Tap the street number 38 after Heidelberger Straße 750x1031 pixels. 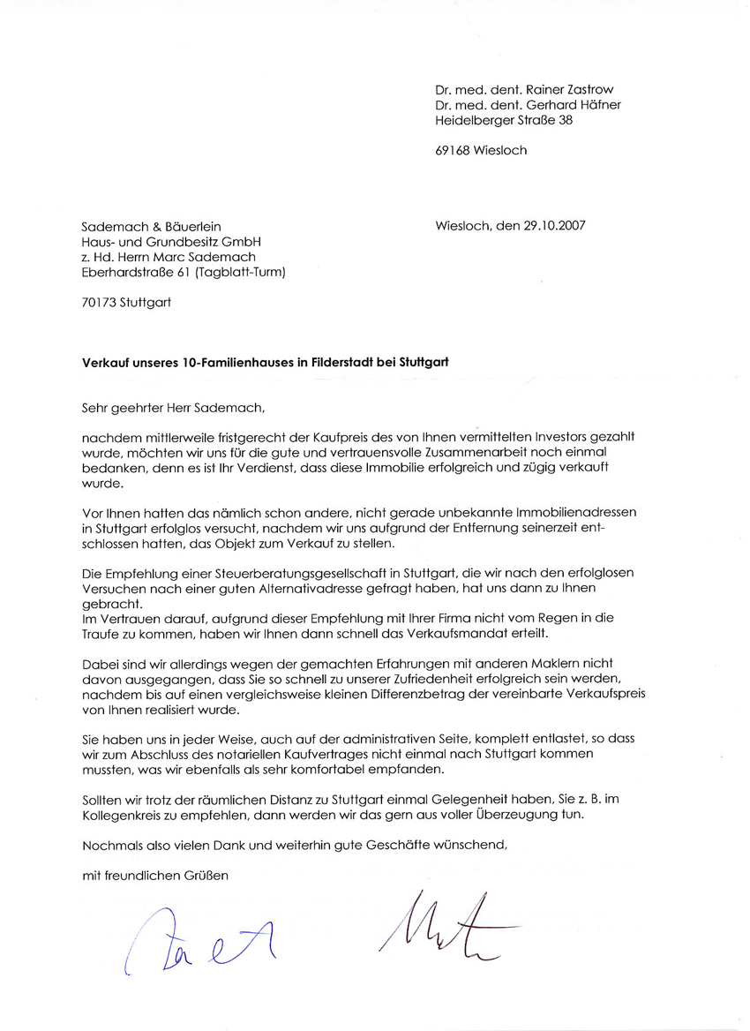click(x=565, y=119)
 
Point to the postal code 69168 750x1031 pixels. click(x=453, y=150)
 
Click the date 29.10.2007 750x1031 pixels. click(x=553, y=225)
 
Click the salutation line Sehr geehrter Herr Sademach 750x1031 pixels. click(x=173, y=408)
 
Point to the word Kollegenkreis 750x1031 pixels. click(x=122, y=815)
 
